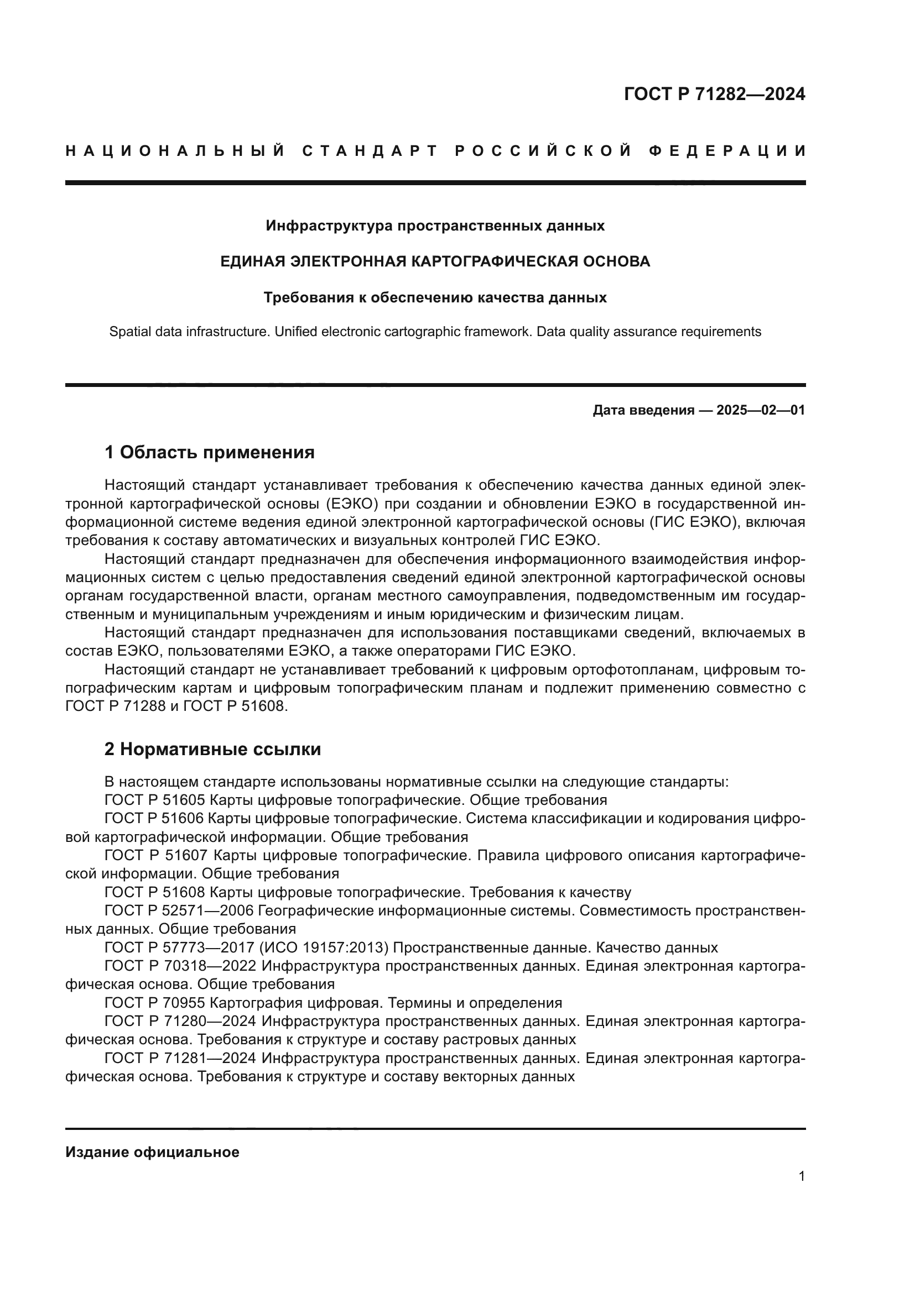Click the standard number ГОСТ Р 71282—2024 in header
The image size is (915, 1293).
tap(714, 94)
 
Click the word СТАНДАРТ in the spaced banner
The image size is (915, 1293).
tap(370, 151)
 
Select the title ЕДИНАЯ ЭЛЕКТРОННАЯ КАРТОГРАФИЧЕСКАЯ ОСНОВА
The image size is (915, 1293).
tap(435, 261)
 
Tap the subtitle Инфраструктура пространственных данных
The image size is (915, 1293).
tap(435, 226)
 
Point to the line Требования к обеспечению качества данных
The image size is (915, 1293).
tap(435, 297)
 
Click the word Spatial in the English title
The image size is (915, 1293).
tap(128, 332)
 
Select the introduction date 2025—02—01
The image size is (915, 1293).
tap(761, 410)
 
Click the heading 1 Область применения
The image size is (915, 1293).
tap(210, 452)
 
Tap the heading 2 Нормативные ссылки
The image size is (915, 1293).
tap(213, 749)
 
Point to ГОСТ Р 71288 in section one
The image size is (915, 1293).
tap(115, 706)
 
